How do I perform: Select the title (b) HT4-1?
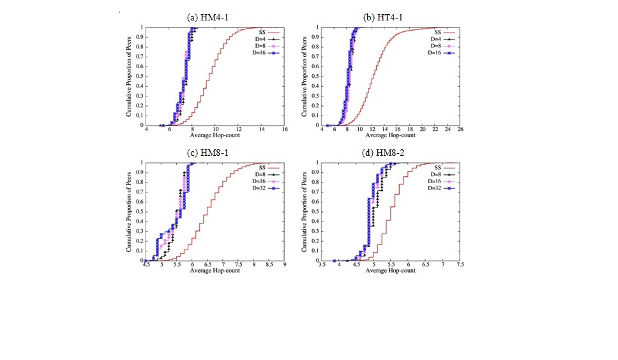pos(388,17)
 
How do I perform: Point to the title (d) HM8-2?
pos(388,153)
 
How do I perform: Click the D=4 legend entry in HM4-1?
pos(264,39)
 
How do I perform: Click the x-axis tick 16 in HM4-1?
pos(285,130)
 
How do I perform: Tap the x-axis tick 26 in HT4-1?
pos(460,130)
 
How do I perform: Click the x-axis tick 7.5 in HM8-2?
pos(460,265)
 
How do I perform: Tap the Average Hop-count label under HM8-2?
pos(390,271)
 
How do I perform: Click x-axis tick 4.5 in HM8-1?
pos(146,265)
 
